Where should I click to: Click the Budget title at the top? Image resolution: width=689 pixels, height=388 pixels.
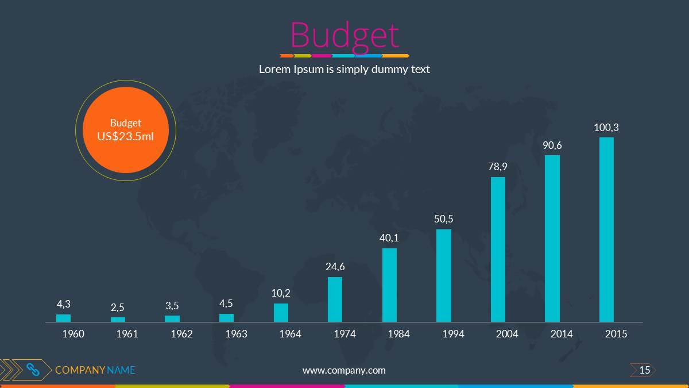[344, 36]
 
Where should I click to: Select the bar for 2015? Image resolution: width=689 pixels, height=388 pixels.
[606, 229]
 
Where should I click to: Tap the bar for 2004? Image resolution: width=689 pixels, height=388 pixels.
[498, 249]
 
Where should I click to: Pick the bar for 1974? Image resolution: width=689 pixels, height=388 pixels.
[335, 299]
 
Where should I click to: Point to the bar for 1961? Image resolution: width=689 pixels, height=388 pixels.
[118, 320]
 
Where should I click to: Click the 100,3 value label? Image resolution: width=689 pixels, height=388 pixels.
[606, 128]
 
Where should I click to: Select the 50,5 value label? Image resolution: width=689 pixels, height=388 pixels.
[444, 219]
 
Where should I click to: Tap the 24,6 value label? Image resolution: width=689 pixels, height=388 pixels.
[335, 267]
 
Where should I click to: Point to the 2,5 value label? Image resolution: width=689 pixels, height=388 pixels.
[118, 308]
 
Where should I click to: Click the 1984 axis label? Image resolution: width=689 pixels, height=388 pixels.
[398, 334]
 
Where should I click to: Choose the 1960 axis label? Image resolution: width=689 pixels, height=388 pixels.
[73, 334]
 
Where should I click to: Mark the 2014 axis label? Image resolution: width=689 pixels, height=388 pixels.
[562, 334]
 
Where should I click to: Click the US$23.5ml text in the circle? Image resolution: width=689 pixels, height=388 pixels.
[125, 136]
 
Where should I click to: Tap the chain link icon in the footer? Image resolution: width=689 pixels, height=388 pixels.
[33, 370]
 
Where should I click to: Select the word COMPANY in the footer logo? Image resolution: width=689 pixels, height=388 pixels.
[80, 370]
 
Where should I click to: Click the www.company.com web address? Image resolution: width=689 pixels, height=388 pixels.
[344, 370]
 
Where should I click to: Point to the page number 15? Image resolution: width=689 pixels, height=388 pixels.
[644, 370]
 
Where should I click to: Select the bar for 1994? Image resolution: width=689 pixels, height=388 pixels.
[444, 275]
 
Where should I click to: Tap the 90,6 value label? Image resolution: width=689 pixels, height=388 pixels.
[552, 146]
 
